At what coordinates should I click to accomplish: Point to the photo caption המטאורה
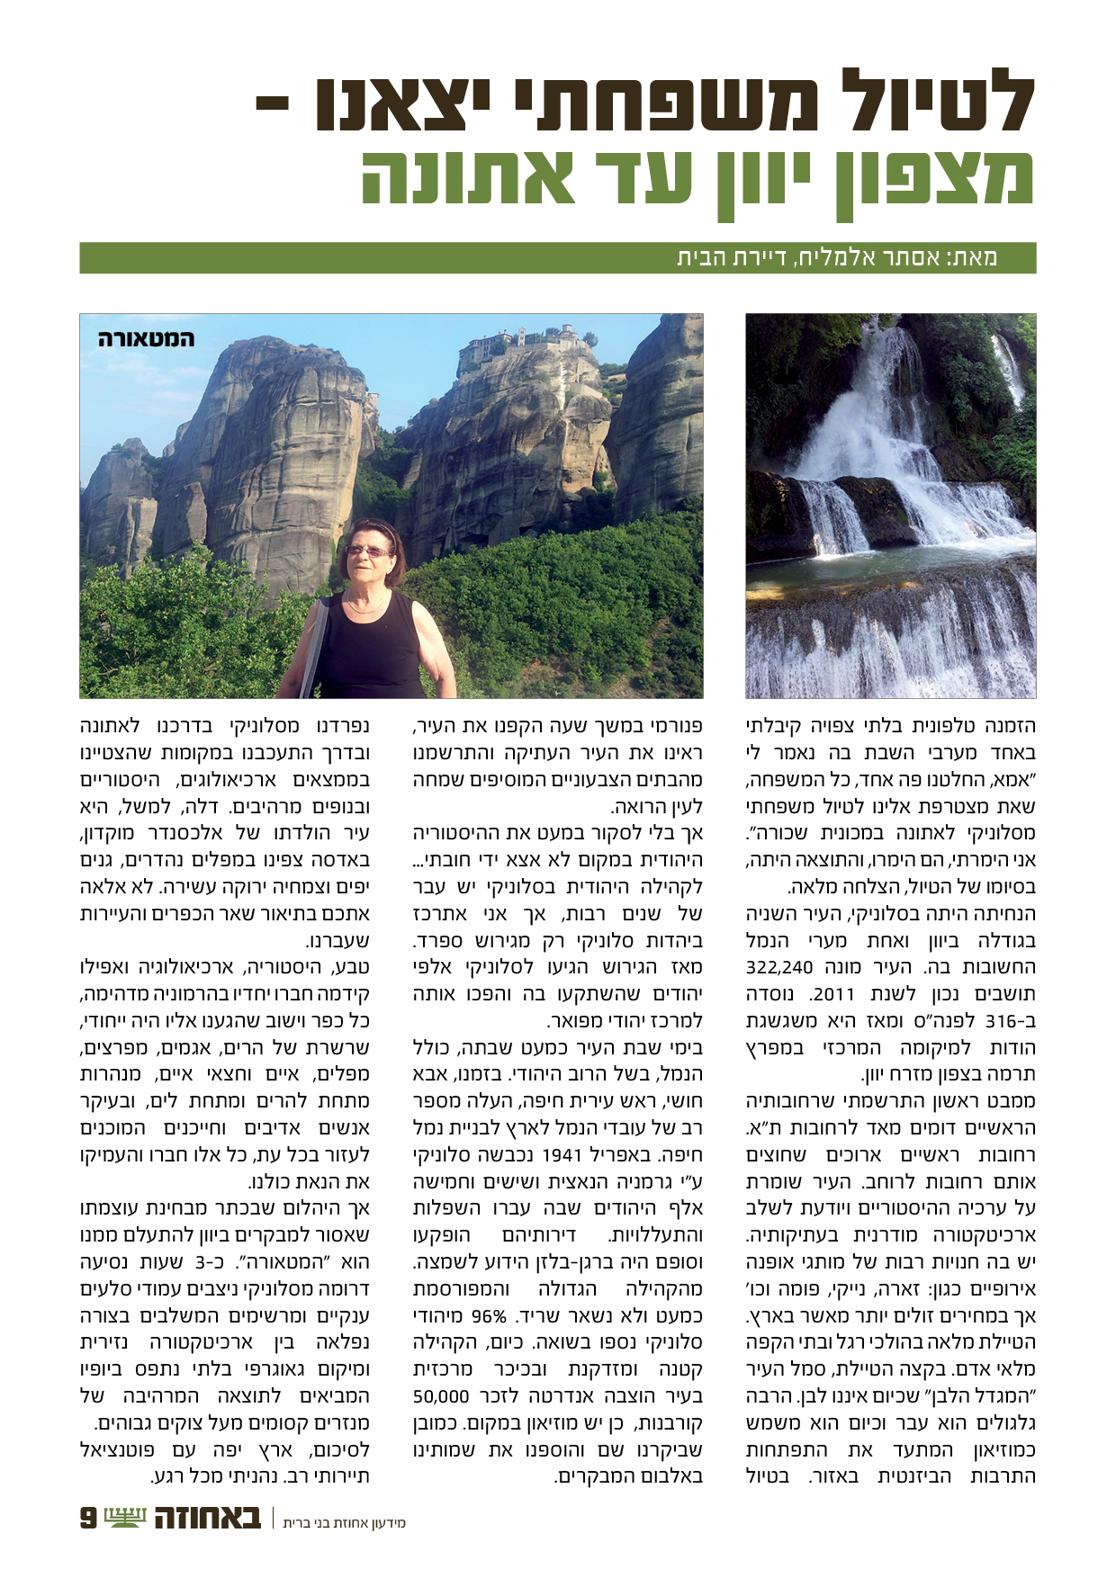click(x=145, y=339)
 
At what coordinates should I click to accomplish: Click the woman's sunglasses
click(x=366, y=551)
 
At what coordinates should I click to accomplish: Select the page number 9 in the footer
click(x=89, y=1518)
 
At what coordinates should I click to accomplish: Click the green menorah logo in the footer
click(x=124, y=1517)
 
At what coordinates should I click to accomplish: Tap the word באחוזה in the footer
click(x=207, y=1518)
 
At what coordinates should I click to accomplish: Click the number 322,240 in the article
click(x=779, y=968)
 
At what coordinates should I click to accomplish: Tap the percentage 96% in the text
click(x=489, y=1316)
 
